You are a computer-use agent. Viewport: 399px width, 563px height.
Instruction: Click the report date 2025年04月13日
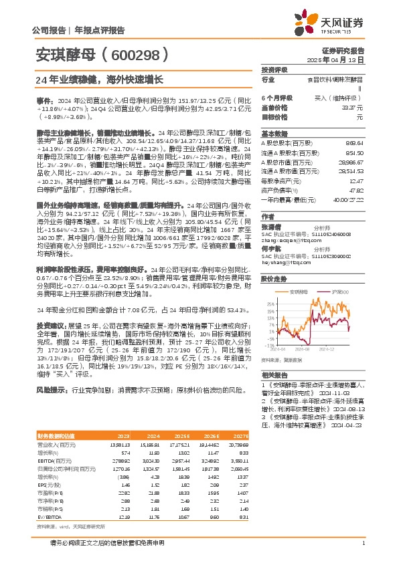coord(341,60)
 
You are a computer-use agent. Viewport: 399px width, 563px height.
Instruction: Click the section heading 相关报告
coord(273,375)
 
